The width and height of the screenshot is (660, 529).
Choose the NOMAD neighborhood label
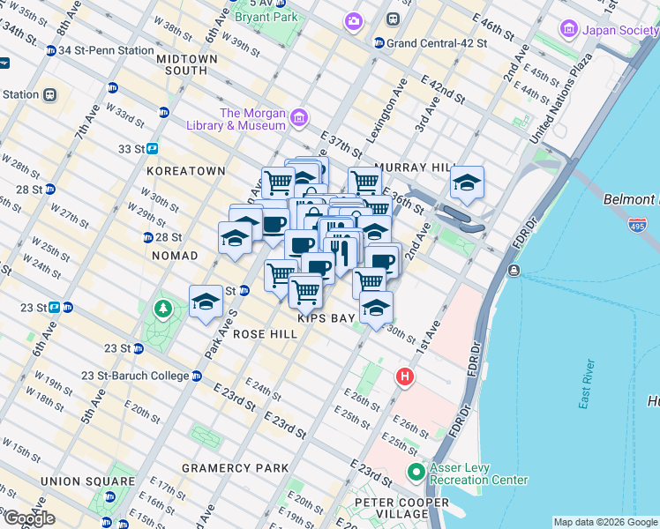(x=175, y=255)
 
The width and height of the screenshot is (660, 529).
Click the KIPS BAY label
(x=326, y=317)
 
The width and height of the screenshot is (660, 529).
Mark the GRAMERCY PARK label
(x=235, y=467)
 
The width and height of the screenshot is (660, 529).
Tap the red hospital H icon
(x=405, y=376)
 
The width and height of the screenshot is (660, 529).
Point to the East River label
(x=587, y=384)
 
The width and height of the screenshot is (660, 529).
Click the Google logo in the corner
(x=29, y=518)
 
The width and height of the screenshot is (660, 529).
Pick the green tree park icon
(x=161, y=309)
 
